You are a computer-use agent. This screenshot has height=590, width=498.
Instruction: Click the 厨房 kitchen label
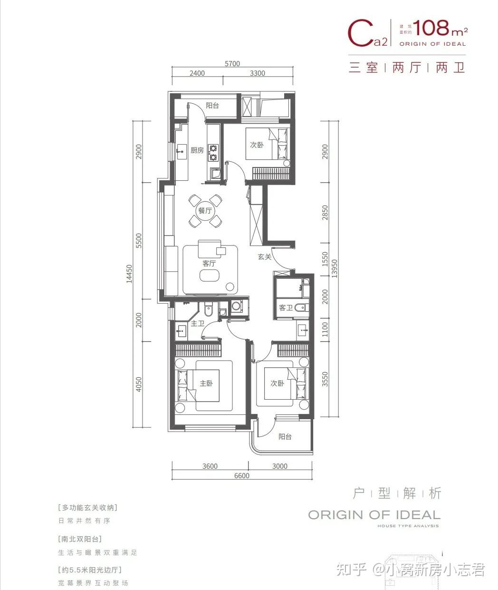pos(197,150)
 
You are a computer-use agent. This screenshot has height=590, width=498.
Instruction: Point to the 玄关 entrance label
pos(264,257)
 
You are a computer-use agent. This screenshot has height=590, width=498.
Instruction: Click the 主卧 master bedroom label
pos(205,383)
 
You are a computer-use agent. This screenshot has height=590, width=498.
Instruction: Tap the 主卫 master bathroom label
pos(197,324)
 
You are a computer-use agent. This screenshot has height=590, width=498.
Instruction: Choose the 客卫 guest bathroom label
pos(286,308)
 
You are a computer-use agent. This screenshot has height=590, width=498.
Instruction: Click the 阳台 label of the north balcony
pos(212,106)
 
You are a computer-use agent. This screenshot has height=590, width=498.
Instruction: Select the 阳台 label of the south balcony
pos(285,436)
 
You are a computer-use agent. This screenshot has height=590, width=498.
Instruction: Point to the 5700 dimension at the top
pos(232,64)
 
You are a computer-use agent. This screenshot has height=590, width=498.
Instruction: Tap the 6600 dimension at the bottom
pos(241,475)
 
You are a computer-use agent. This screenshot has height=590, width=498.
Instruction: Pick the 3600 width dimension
pos(209,466)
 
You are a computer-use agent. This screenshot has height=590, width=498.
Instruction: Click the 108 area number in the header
pos(431,29)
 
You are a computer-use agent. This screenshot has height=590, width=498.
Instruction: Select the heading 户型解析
pos(397,493)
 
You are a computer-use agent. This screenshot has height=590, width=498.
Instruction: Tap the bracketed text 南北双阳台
pos(80,539)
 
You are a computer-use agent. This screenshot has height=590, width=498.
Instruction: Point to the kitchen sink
pos(181,153)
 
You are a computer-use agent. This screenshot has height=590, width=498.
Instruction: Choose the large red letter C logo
pos(360,32)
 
